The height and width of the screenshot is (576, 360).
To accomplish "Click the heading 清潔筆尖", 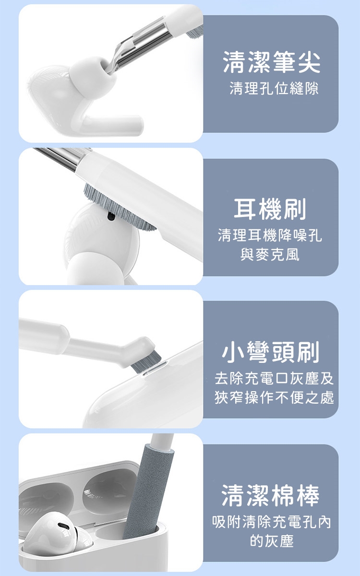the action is click(272, 62).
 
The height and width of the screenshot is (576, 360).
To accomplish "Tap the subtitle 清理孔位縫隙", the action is click(274, 88).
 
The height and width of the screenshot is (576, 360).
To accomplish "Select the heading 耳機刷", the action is click(270, 209).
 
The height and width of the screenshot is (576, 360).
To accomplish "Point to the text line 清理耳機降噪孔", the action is click(270, 235).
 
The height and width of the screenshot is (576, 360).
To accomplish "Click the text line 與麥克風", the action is click(270, 254).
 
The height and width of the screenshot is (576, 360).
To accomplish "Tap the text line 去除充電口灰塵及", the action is click(274, 379).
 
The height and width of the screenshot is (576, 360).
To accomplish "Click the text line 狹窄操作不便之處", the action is click(274, 397).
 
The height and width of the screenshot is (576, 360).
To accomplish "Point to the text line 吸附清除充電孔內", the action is click(271, 522).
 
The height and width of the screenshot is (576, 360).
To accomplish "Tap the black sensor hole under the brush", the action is click(111, 216).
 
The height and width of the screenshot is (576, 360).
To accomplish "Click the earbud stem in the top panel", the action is click(110, 125).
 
